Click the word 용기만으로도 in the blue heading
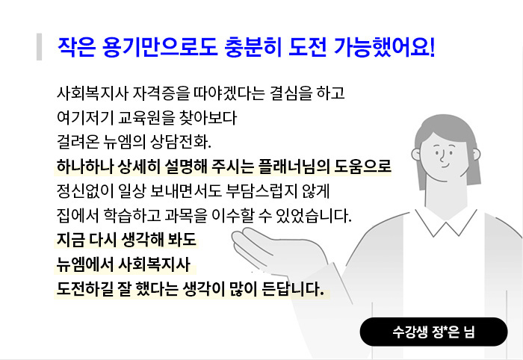pos(160,46)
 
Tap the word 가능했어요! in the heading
pos(384,46)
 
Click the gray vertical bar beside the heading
pos(40,46)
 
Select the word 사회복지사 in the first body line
pos(93,93)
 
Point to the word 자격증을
pos(161,93)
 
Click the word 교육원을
pos(146,118)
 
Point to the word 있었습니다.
pos(315,215)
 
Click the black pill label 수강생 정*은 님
pos(433,332)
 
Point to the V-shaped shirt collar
pos(446,223)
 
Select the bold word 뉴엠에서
pos(85,264)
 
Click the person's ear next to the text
pos(415,155)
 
